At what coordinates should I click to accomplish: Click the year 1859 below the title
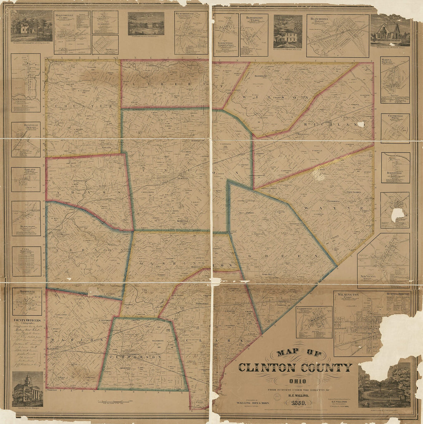click(x=294, y=403)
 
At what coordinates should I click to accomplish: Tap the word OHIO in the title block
click(x=295, y=381)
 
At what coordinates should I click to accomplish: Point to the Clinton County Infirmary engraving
click(x=146, y=24)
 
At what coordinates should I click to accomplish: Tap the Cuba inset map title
click(x=26, y=250)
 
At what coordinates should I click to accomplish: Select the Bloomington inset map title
click(x=254, y=18)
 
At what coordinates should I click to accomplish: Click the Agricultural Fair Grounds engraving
click(x=385, y=386)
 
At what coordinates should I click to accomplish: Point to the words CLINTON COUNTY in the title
click(x=295, y=368)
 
